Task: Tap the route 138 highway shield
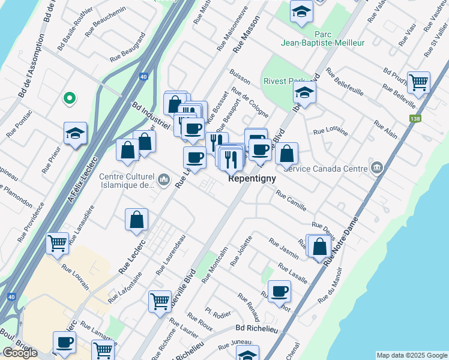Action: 415,119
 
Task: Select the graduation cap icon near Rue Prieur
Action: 76,133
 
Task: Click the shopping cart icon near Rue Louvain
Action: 58,244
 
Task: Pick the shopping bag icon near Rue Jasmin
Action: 320,245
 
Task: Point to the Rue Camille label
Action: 291,201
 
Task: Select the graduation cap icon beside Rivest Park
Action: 305,92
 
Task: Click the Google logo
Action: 20,353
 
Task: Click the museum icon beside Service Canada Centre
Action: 378,167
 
